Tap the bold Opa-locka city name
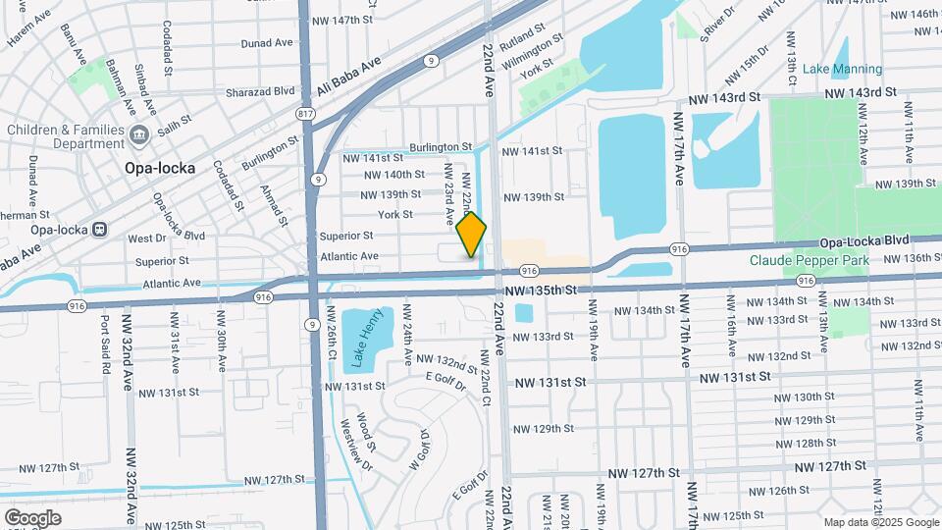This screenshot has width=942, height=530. (160, 168)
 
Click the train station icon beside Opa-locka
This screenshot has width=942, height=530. (99, 229)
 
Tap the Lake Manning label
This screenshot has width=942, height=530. (842, 70)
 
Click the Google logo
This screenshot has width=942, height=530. (32, 517)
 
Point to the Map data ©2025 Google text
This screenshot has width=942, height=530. (880, 522)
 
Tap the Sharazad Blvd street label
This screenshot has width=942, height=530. (256, 90)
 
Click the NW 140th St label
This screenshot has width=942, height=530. (393, 175)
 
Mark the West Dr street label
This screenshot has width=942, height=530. (146, 238)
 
